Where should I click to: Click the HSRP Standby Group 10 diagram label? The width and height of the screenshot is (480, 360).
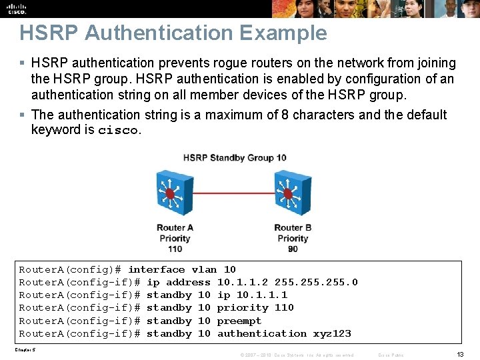tap(235, 157)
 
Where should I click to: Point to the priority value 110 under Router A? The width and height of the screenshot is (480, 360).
tap(175, 249)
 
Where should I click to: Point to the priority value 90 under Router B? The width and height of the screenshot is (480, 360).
tap(293, 249)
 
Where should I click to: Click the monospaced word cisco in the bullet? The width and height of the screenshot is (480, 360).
tap(118, 130)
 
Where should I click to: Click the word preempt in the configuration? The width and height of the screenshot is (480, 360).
tap(239, 321)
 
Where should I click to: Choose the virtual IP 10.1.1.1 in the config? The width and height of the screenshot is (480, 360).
tap(262, 295)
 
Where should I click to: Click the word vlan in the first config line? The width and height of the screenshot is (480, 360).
tap(204, 269)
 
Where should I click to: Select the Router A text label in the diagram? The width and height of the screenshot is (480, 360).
tap(175, 227)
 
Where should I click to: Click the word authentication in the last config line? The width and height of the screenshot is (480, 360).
tap(262, 333)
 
